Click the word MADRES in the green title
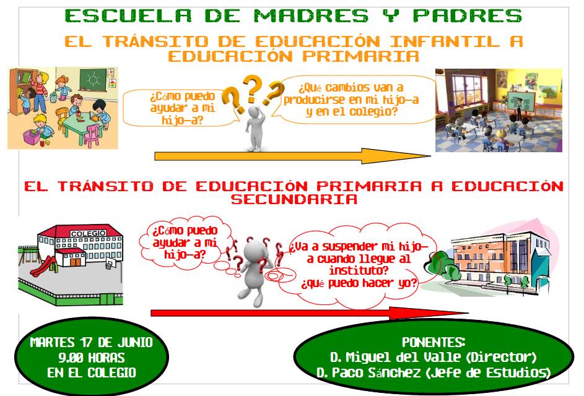tap(311, 16)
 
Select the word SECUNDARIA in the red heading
tap(294, 199)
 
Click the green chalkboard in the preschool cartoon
tap(93, 79)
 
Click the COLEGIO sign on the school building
tap(89, 233)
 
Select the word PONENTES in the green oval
tap(433, 342)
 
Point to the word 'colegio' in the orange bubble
tap(373, 111)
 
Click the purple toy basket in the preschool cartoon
tap(32, 137)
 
